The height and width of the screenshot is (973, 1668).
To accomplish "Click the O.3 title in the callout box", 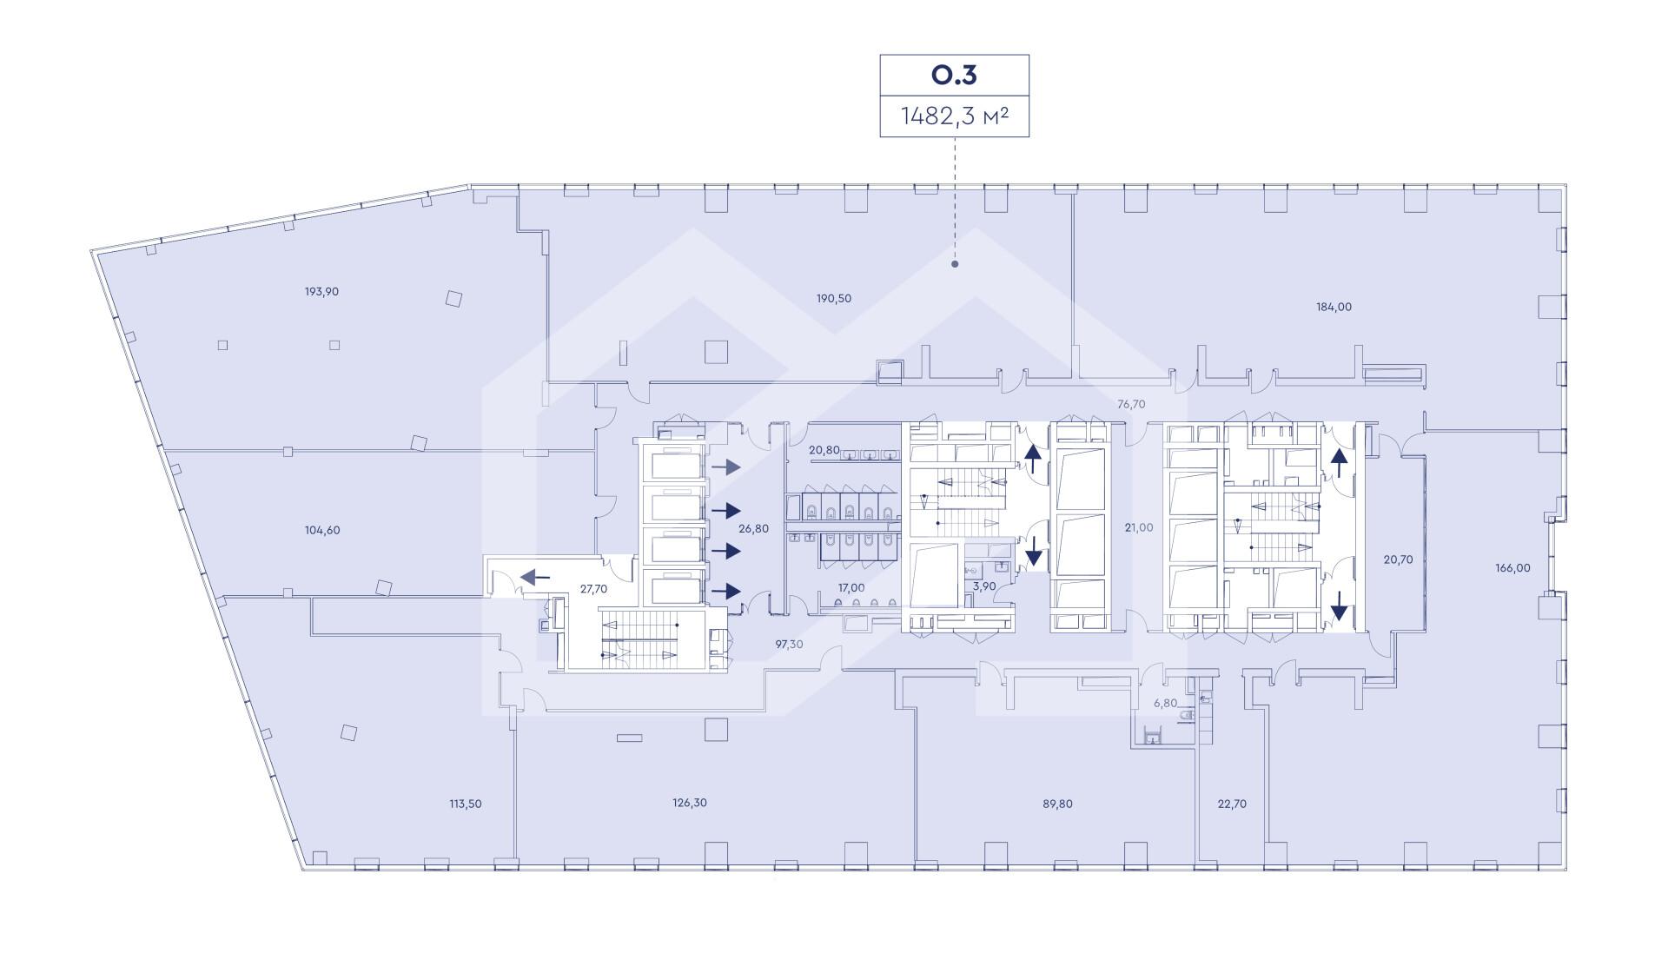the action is [x=954, y=75].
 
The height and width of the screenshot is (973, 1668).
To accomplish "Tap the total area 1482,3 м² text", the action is [x=954, y=116].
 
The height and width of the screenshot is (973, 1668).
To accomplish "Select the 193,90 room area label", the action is [x=321, y=292].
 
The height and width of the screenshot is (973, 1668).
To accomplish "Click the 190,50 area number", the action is [x=834, y=298].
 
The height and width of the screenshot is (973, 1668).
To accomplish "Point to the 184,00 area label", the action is [x=1334, y=307].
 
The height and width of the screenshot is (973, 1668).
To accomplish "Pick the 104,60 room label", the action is [x=322, y=530].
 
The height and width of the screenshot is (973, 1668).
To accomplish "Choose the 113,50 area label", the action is [x=464, y=804].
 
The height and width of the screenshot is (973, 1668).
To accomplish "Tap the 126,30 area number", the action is [x=690, y=803].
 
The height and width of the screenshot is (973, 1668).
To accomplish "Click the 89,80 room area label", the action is [x=1057, y=804].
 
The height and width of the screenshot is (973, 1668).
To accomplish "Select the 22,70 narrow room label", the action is [x=1232, y=804].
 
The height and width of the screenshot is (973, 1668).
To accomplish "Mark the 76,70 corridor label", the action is [x=1131, y=404].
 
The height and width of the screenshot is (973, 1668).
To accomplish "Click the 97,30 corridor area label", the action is [x=789, y=644].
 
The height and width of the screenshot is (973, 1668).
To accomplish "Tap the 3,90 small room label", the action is [x=984, y=586].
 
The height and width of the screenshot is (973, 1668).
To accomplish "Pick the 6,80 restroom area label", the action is [x=1165, y=704].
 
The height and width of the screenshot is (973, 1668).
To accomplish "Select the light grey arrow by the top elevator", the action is [x=726, y=467].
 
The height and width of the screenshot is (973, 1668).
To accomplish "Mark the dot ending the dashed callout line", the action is [x=955, y=263].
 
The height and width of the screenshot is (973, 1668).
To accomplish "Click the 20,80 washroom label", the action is [x=824, y=450].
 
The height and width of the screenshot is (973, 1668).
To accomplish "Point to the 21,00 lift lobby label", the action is [x=1138, y=527].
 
